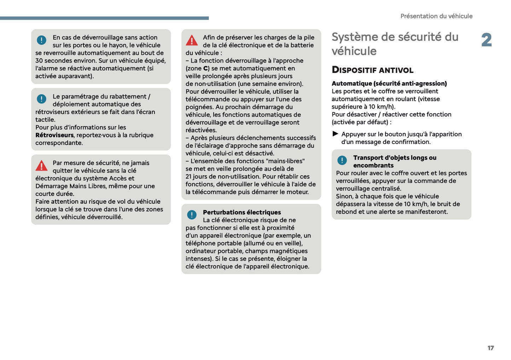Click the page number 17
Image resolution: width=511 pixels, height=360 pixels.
pyautogui.click(x=490, y=348)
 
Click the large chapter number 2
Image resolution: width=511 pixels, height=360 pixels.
pyautogui.click(x=486, y=40)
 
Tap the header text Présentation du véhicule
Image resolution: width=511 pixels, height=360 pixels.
pyautogui.click(x=436, y=16)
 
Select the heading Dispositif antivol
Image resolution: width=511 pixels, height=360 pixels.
pyautogui.click(x=372, y=70)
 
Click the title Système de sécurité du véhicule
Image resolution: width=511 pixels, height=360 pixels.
pyautogui.click(x=395, y=44)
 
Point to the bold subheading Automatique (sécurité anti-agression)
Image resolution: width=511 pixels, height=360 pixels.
pyautogui.click(x=389, y=83)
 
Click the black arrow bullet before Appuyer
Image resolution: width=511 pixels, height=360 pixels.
pyautogui.click(x=335, y=134)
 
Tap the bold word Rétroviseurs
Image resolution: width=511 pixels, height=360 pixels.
pyautogui.click(x=54, y=135)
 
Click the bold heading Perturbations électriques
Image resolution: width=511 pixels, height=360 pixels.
pyautogui.click(x=242, y=212)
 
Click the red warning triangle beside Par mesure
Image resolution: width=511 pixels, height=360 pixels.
pyautogui.click(x=41, y=166)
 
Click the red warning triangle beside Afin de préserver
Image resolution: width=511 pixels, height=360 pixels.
pyautogui.click(x=192, y=40)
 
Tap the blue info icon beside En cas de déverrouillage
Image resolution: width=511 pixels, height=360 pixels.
pyautogui.click(x=41, y=40)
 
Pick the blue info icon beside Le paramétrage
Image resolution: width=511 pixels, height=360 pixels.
pyautogui.click(x=41, y=99)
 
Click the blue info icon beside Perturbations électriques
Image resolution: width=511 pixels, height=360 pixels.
pyautogui.click(x=192, y=215)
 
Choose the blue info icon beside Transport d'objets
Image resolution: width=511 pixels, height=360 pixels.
pyautogui.click(x=342, y=160)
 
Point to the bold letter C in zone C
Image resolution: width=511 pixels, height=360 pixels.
pyautogui.click(x=205, y=69)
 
